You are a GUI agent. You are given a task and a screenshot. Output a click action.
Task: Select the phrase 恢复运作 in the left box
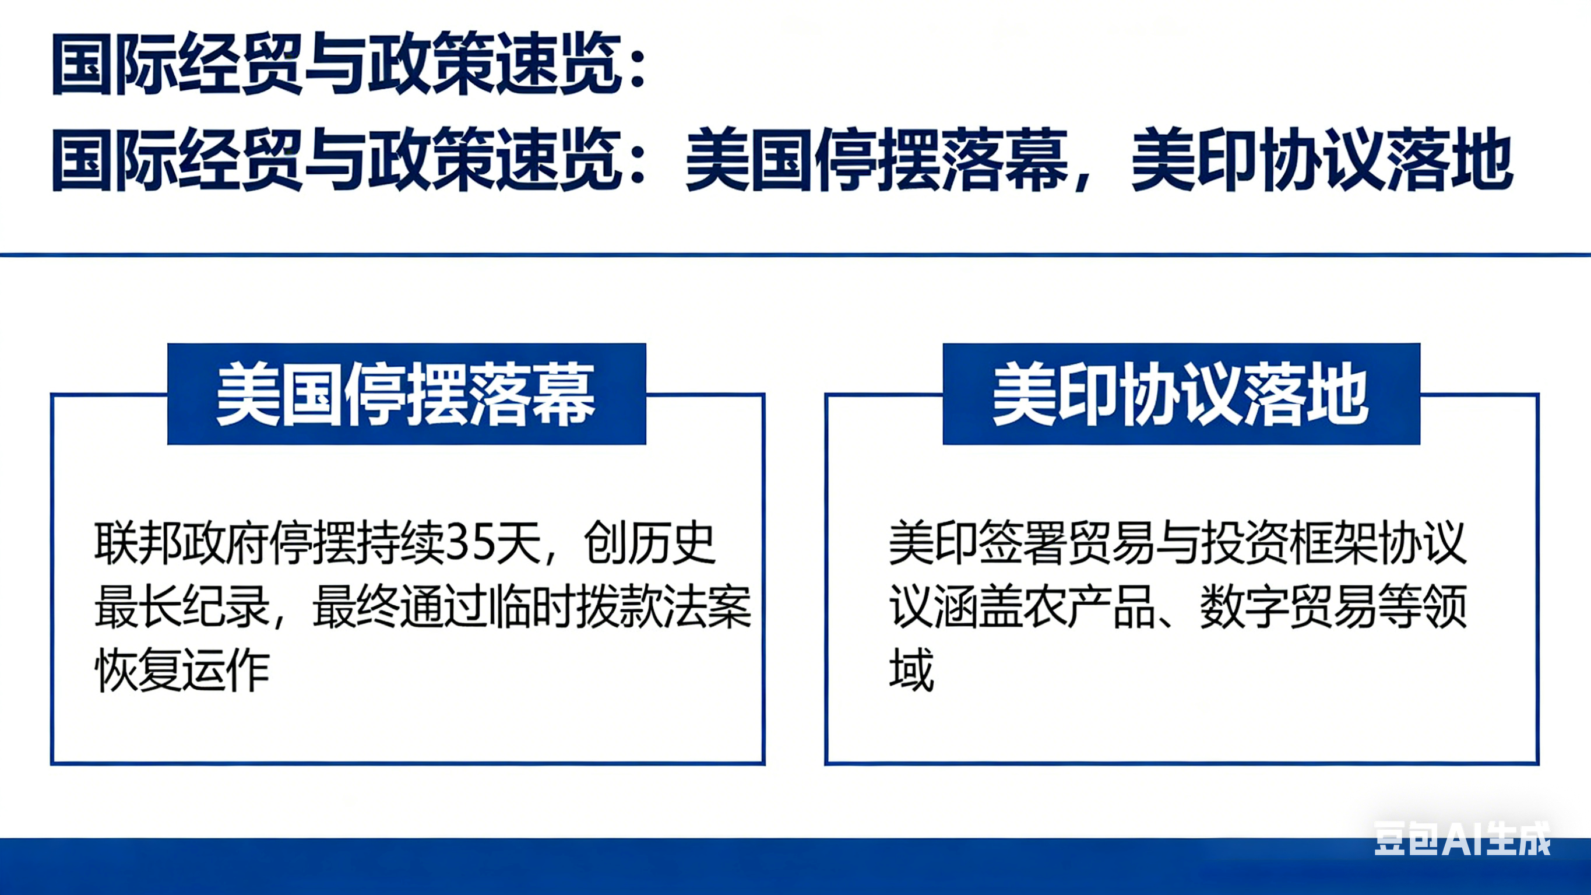click(183, 670)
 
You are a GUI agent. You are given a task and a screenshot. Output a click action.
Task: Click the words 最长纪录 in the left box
click(183, 607)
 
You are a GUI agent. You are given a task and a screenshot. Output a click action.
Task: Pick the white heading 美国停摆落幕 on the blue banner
click(406, 394)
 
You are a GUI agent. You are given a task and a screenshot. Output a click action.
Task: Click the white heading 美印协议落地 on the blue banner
click(1180, 394)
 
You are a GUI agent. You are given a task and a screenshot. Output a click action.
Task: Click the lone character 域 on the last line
click(911, 670)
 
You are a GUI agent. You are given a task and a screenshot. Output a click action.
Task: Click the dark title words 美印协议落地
click(1322, 160)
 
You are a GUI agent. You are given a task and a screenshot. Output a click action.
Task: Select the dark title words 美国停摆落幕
click(877, 160)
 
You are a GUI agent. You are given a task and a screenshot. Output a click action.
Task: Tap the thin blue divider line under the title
click(795, 254)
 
